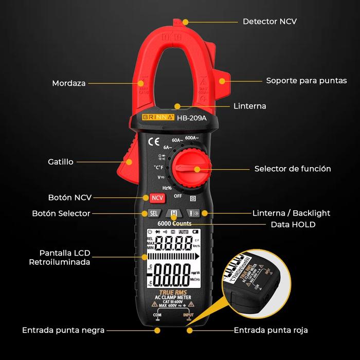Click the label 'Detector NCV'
tap(269, 22)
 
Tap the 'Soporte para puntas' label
tap(306, 81)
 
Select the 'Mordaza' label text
tap(69, 83)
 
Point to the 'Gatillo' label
tap(61, 161)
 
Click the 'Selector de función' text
tap(293, 169)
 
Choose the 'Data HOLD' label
tap(293, 224)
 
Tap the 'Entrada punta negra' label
tap(63, 330)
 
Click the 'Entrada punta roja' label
tap(271, 330)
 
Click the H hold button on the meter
tap(174, 213)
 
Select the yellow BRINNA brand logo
tap(158, 117)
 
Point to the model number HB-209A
tap(191, 117)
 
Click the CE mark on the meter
tap(153, 142)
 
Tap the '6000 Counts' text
tap(174, 224)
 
